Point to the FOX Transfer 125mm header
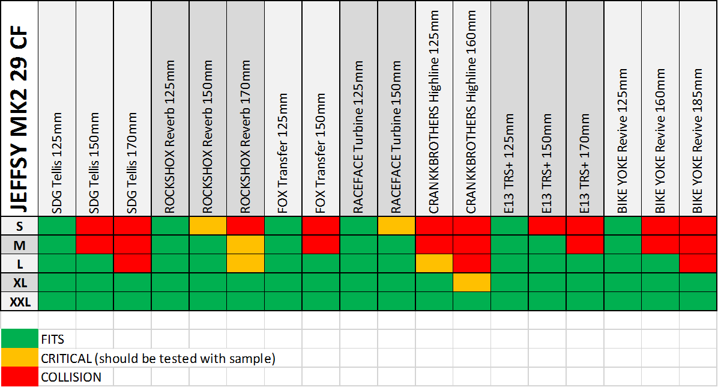[x=282, y=153]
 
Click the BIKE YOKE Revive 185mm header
[x=698, y=141]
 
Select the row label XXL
[x=20, y=301]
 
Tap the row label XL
[x=20, y=282]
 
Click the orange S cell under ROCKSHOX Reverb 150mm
[x=208, y=225]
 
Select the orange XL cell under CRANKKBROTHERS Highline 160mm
[x=472, y=282]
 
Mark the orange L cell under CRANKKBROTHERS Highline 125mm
[x=434, y=263]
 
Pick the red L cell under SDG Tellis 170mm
[x=132, y=263]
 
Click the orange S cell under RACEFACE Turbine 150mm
[x=396, y=225]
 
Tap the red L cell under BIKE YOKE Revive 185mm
[x=698, y=263]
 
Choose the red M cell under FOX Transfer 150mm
[x=321, y=245]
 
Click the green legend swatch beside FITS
[x=20, y=339]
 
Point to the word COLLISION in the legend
[x=71, y=377]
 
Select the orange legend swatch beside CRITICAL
[x=20, y=358]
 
